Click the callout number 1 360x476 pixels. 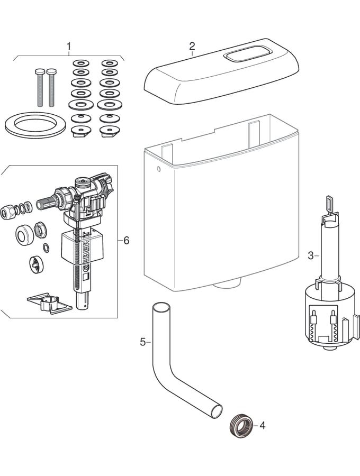[68, 46]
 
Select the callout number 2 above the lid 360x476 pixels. [192, 46]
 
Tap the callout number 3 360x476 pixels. [311, 256]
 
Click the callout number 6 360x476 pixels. [126, 241]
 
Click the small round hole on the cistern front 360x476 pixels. [158, 169]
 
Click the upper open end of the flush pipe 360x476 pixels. [160, 308]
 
